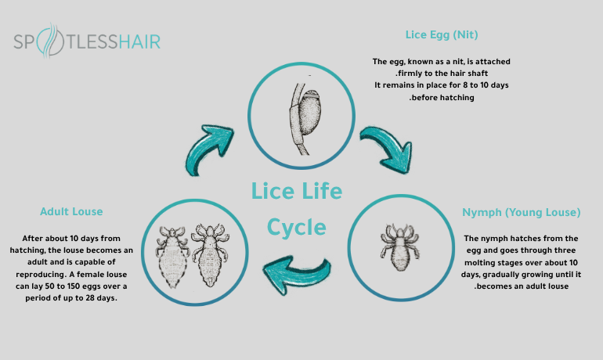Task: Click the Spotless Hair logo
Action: (86, 41)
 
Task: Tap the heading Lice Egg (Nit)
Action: (442, 35)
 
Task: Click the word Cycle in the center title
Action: (296, 227)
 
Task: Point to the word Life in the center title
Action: (319, 190)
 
